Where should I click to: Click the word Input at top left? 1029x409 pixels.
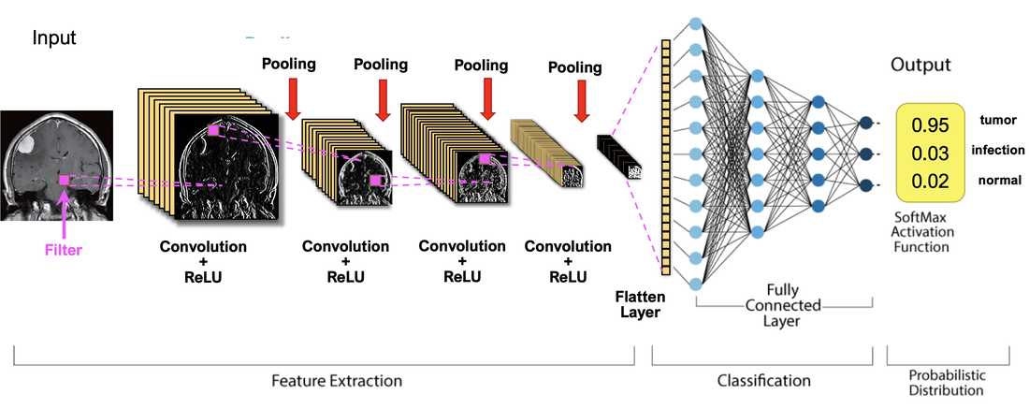[54, 38]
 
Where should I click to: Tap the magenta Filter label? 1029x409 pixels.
[63, 250]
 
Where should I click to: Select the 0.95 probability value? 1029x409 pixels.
[930, 125]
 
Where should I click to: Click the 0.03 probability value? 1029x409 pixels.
[930, 153]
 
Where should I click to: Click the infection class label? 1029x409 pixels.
[998, 150]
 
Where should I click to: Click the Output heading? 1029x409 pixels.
[920, 66]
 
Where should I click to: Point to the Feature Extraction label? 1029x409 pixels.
[337, 381]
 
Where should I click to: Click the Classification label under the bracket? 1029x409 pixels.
[763, 381]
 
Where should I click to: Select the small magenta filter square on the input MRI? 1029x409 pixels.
[64, 180]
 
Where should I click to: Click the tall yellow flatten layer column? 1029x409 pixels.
[666, 156]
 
